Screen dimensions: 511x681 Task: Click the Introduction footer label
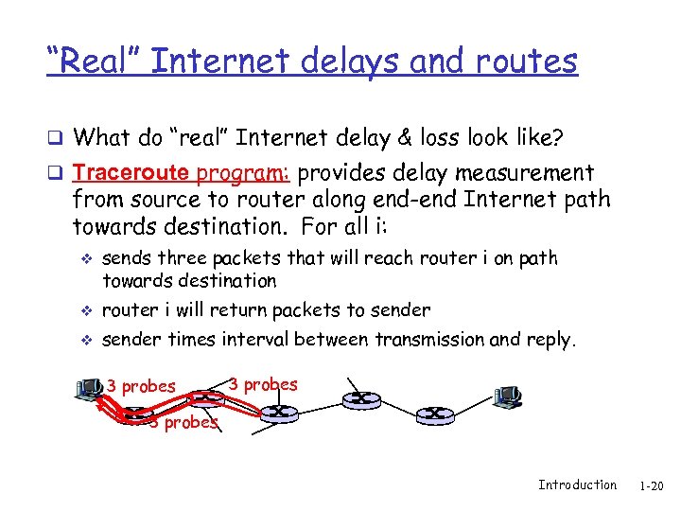[577, 485]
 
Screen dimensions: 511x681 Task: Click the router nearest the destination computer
[408, 413]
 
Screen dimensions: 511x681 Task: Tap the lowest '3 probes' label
[183, 422]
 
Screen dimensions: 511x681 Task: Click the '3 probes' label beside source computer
[141, 386]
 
